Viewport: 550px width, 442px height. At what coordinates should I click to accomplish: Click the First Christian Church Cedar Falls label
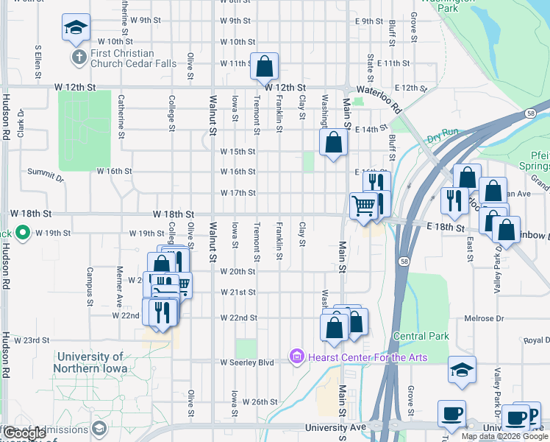133,58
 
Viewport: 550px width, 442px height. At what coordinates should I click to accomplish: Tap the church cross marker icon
78,57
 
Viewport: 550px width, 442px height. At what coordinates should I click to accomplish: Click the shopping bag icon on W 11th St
264,66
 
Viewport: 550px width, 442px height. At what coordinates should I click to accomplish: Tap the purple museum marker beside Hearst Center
297,357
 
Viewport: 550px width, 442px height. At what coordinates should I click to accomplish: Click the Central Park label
421,337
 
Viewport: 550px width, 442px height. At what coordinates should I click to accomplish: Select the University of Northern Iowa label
90,362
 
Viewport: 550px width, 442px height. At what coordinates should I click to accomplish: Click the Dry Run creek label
442,135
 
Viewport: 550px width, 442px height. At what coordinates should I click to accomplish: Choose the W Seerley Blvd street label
247,362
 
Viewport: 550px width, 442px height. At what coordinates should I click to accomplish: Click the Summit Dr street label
46,174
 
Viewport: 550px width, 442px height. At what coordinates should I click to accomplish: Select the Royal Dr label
537,340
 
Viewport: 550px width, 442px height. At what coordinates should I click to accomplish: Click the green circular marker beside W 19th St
23,234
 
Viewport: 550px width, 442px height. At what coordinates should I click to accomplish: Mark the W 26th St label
260,402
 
